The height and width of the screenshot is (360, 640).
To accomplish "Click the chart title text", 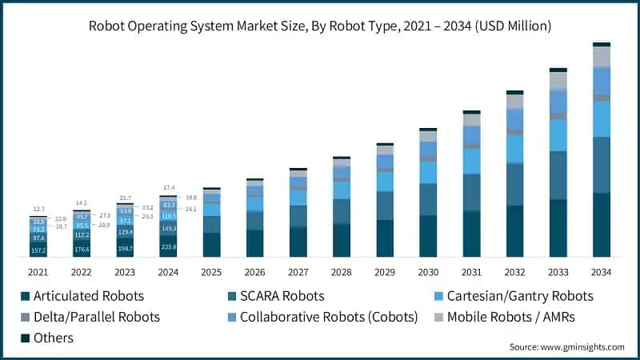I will pos(320,26).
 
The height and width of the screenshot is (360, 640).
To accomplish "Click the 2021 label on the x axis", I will pos(38,272).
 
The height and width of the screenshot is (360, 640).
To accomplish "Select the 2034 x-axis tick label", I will pos(601,272).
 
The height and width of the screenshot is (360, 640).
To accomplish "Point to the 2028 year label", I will pos(342,272).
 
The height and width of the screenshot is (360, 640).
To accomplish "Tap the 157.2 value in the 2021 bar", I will pos(38,250).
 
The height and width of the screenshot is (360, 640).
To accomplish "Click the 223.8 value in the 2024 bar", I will pos(168,247).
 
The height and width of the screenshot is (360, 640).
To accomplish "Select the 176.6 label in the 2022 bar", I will pos(82,250).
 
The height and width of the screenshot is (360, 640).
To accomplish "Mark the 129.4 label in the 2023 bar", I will pos(125,231).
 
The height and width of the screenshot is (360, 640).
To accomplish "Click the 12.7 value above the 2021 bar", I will pos(38,210).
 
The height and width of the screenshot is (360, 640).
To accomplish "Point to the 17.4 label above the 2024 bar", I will pos(168,188).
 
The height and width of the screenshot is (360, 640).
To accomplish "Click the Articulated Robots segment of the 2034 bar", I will pos(601,225).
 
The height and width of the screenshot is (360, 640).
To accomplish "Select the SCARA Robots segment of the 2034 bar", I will pos(601,165).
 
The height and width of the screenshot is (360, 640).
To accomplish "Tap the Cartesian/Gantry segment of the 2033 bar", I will pos(558,134).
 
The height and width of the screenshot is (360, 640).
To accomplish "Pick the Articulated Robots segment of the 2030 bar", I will pos(428,236).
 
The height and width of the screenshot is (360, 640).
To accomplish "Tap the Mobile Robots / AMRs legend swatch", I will pos(438,317).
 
